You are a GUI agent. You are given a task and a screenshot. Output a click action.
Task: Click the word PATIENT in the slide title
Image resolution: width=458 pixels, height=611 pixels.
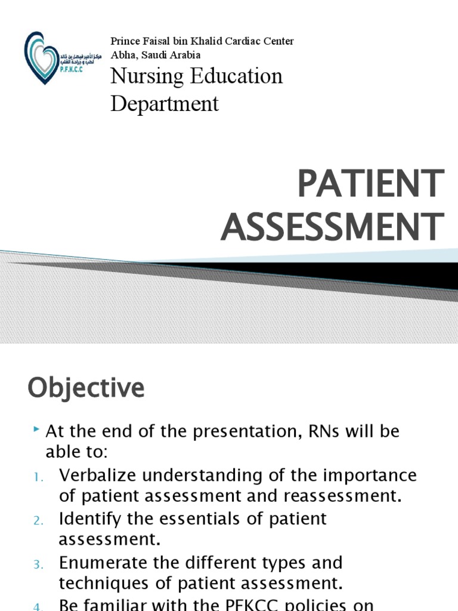(370, 184)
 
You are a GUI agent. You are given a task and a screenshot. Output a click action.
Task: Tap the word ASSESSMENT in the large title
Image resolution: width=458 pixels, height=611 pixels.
(332, 227)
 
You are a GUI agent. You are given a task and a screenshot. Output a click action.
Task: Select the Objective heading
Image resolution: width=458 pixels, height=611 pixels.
(86, 388)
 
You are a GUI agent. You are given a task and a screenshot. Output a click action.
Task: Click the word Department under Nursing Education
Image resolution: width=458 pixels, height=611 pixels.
(165, 104)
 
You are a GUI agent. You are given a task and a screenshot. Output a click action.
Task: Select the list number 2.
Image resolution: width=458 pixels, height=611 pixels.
(38, 520)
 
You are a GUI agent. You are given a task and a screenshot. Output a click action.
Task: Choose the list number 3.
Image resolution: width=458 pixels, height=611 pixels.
(38, 564)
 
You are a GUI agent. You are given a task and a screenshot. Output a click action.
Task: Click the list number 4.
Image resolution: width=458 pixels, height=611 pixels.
(38, 606)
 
